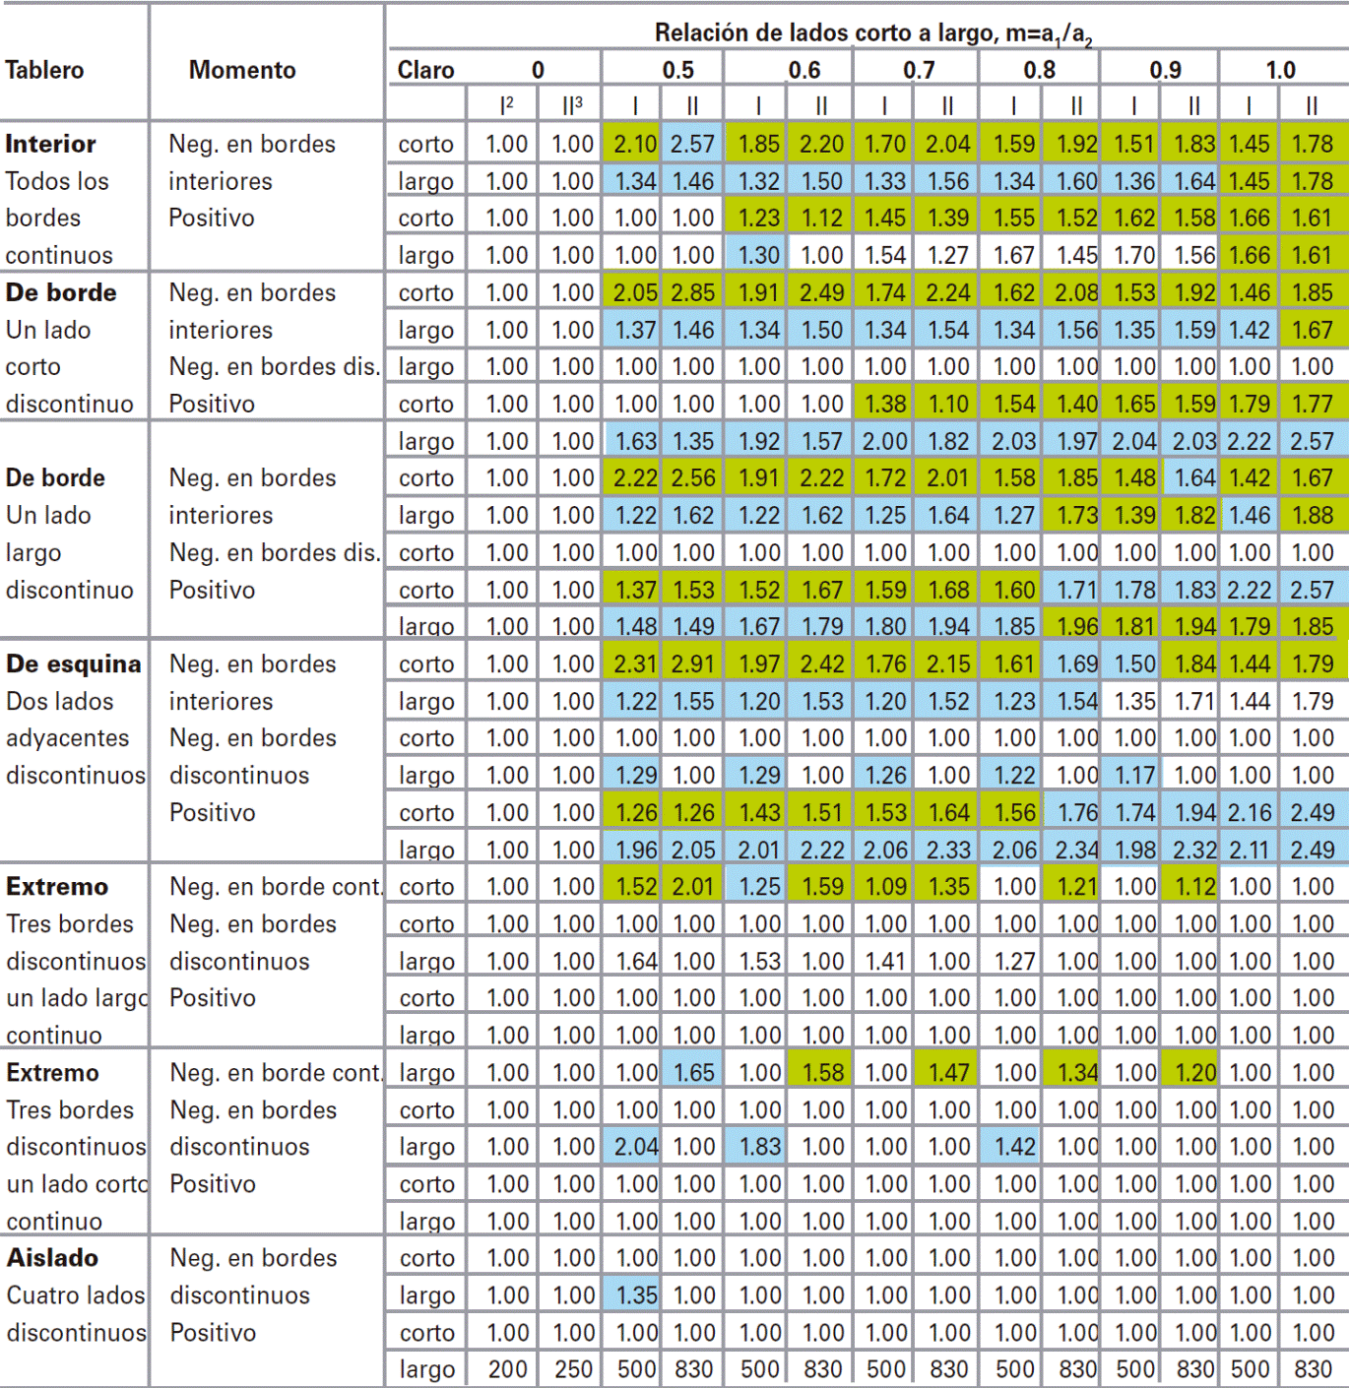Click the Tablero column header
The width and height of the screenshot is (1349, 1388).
click(x=44, y=70)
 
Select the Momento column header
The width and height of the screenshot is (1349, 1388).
click(x=242, y=70)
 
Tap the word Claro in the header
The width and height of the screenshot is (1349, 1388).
click(x=425, y=70)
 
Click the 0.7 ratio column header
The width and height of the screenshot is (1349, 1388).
click(x=918, y=70)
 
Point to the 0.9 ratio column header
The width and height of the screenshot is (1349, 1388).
click(x=1165, y=70)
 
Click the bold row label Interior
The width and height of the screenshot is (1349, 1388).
click(x=50, y=144)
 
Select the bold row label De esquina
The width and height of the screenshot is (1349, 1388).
click(x=73, y=663)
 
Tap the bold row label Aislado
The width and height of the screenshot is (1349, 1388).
click(x=52, y=1257)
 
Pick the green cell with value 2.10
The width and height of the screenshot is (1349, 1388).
click(x=634, y=144)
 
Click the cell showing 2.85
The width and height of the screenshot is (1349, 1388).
click(x=692, y=292)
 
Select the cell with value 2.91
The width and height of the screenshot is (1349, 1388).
click(x=692, y=663)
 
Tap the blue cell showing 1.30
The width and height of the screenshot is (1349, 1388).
click(x=758, y=255)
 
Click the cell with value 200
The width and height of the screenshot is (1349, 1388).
click(x=507, y=1368)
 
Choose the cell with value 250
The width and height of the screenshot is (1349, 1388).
click(x=572, y=1368)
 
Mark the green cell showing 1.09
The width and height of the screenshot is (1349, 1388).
click(x=884, y=886)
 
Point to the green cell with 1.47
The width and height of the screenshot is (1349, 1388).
click(x=947, y=1072)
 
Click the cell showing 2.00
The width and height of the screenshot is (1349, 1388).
click(x=884, y=441)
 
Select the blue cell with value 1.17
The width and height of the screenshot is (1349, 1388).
click(x=1134, y=775)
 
